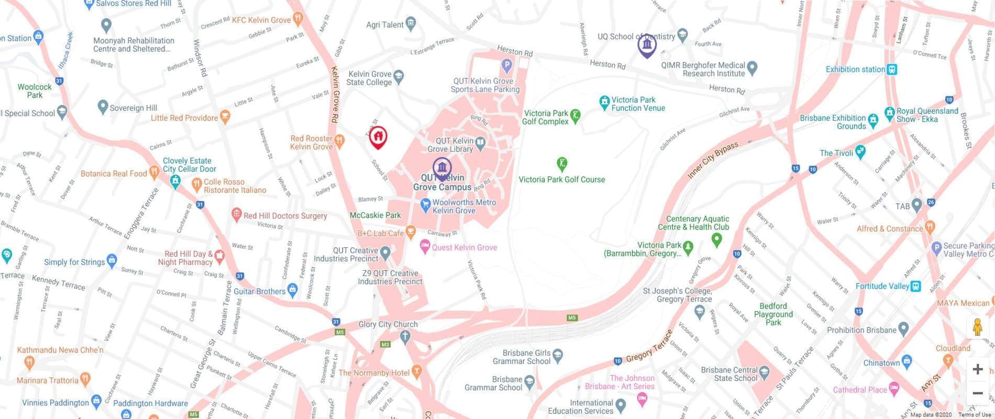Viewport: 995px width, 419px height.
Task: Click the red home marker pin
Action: (x=378, y=137)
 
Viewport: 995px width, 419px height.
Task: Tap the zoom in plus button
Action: (x=977, y=369)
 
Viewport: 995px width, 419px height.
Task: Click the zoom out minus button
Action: (x=977, y=393)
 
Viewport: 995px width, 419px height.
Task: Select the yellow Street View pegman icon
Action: (x=977, y=327)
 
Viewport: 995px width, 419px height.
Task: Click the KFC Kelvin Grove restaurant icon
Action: (x=298, y=20)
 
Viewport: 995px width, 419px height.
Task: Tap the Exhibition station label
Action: (x=855, y=69)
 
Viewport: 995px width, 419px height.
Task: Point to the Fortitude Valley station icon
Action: (x=916, y=286)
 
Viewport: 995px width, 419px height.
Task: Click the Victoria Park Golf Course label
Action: (x=561, y=179)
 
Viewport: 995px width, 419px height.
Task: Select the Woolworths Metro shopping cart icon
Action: (x=426, y=203)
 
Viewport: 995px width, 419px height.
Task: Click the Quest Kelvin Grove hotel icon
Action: (x=425, y=245)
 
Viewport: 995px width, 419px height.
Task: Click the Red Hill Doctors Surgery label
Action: (x=285, y=215)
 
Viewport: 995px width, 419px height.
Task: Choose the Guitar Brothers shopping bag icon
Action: (x=293, y=289)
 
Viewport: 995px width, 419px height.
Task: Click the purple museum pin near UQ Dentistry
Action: (x=647, y=46)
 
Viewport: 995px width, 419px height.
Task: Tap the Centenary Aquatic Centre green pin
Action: (x=716, y=239)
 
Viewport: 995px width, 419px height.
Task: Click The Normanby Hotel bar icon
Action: (x=416, y=371)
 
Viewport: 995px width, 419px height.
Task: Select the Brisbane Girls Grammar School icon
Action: (x=558, y=355)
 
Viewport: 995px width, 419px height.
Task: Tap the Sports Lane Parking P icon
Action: (x=506, y=65)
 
